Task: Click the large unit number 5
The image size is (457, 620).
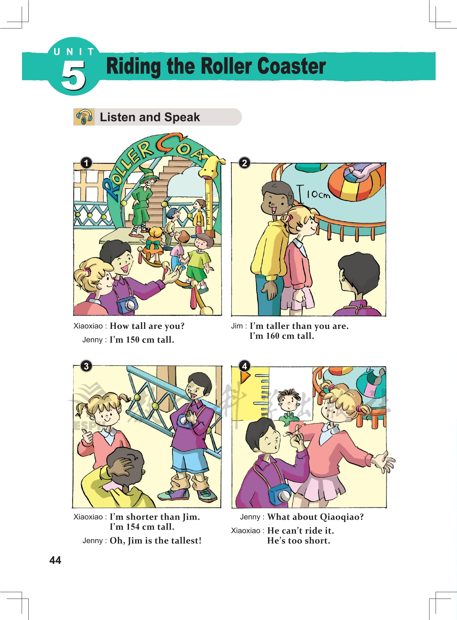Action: (73, 75)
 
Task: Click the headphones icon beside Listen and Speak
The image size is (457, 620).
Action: (84, 117)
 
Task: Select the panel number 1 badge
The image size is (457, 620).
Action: (86, 163)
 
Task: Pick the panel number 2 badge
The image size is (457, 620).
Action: (244, 163)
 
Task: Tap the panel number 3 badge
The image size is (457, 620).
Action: (86, 366)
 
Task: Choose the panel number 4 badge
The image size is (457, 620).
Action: (244, 366)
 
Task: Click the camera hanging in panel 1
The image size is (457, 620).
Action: (127, 305)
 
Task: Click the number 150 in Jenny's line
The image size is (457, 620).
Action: (132, 340)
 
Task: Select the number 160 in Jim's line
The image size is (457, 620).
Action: (273, 336)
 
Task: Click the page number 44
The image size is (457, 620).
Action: (55, 560)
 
